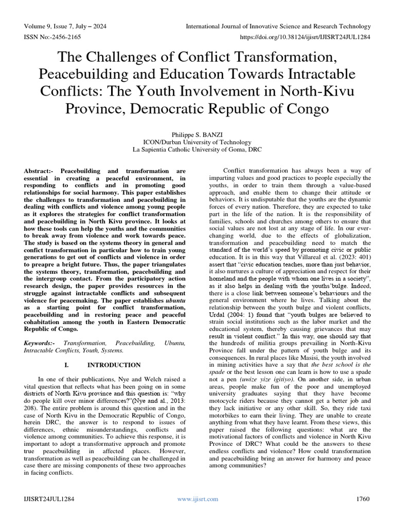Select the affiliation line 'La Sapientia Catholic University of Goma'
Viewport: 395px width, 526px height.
(x=197, y=150)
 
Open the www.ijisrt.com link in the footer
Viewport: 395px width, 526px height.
(x=197, y=499)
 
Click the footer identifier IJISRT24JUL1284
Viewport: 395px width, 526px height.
(x=51, y=499)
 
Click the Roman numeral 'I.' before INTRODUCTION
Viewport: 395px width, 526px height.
(x=66, y=365)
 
